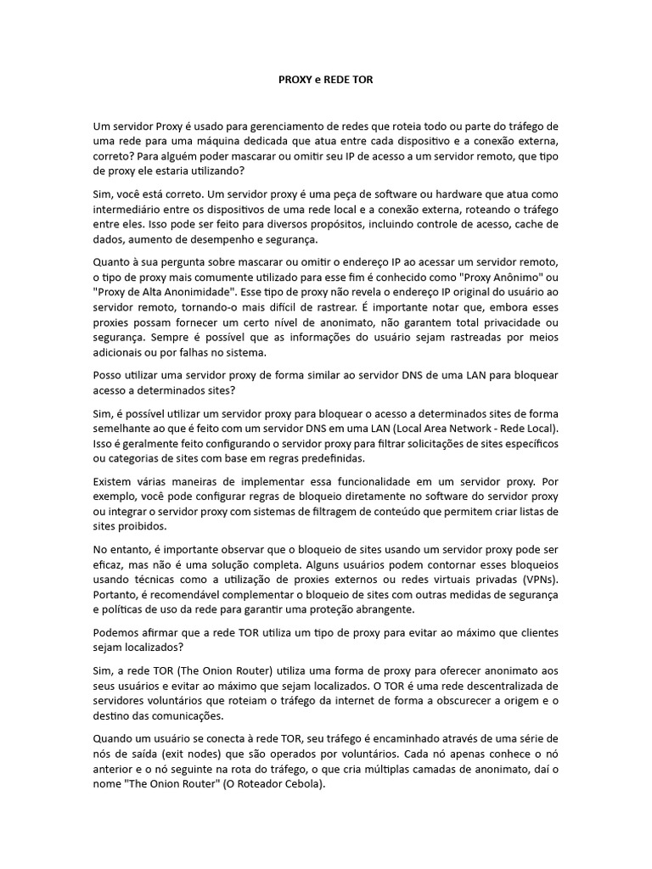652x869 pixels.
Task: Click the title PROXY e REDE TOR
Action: pos(325,79)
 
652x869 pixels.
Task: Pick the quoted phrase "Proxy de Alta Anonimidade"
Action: pos(163,293)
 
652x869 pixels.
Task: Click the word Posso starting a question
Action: pos(108,374)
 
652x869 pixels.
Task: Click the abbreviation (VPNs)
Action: pos(533,580)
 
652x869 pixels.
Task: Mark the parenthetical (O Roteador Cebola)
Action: pos(273,785)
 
